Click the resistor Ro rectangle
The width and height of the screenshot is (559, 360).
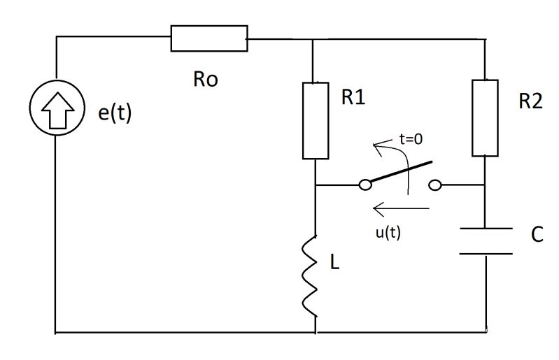click(x=208, y=38)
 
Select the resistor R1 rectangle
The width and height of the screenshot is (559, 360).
click(x=316, y=120)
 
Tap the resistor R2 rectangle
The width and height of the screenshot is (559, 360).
click(x=485, y=117)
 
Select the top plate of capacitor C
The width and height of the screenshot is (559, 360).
click(x=485, y=229)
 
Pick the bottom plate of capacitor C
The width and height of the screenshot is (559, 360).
click(x=485, y=254)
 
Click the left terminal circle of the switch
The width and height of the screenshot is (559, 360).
click(x=364, y=185)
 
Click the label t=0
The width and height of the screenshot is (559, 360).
click(x=411, y=139)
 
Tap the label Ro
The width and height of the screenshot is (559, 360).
click(x=205, y=79)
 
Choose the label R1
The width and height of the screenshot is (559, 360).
click(x=355, y=99)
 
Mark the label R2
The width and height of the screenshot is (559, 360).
click(x=530, y=101)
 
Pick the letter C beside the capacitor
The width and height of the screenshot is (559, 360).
click(x=537, y=235)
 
